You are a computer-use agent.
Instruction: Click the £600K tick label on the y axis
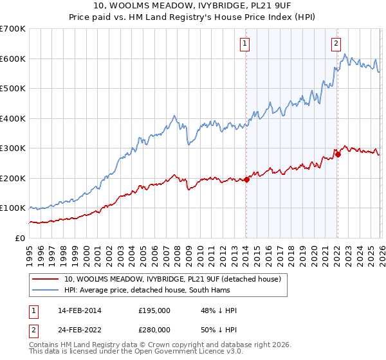pyautogui.click(x=13, y=59)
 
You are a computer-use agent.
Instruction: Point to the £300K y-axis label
pyautogui.click(x=13, y=148)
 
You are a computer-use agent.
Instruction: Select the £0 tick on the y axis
pyautogui.click(x=19, y=238)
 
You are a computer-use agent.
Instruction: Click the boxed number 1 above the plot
pyautogui.click(x=246, y=44)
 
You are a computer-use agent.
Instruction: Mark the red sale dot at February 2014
pyautogui.click(x=246, y=179)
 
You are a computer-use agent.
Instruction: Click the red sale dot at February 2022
pyautogui.click(x=337, y=154)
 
